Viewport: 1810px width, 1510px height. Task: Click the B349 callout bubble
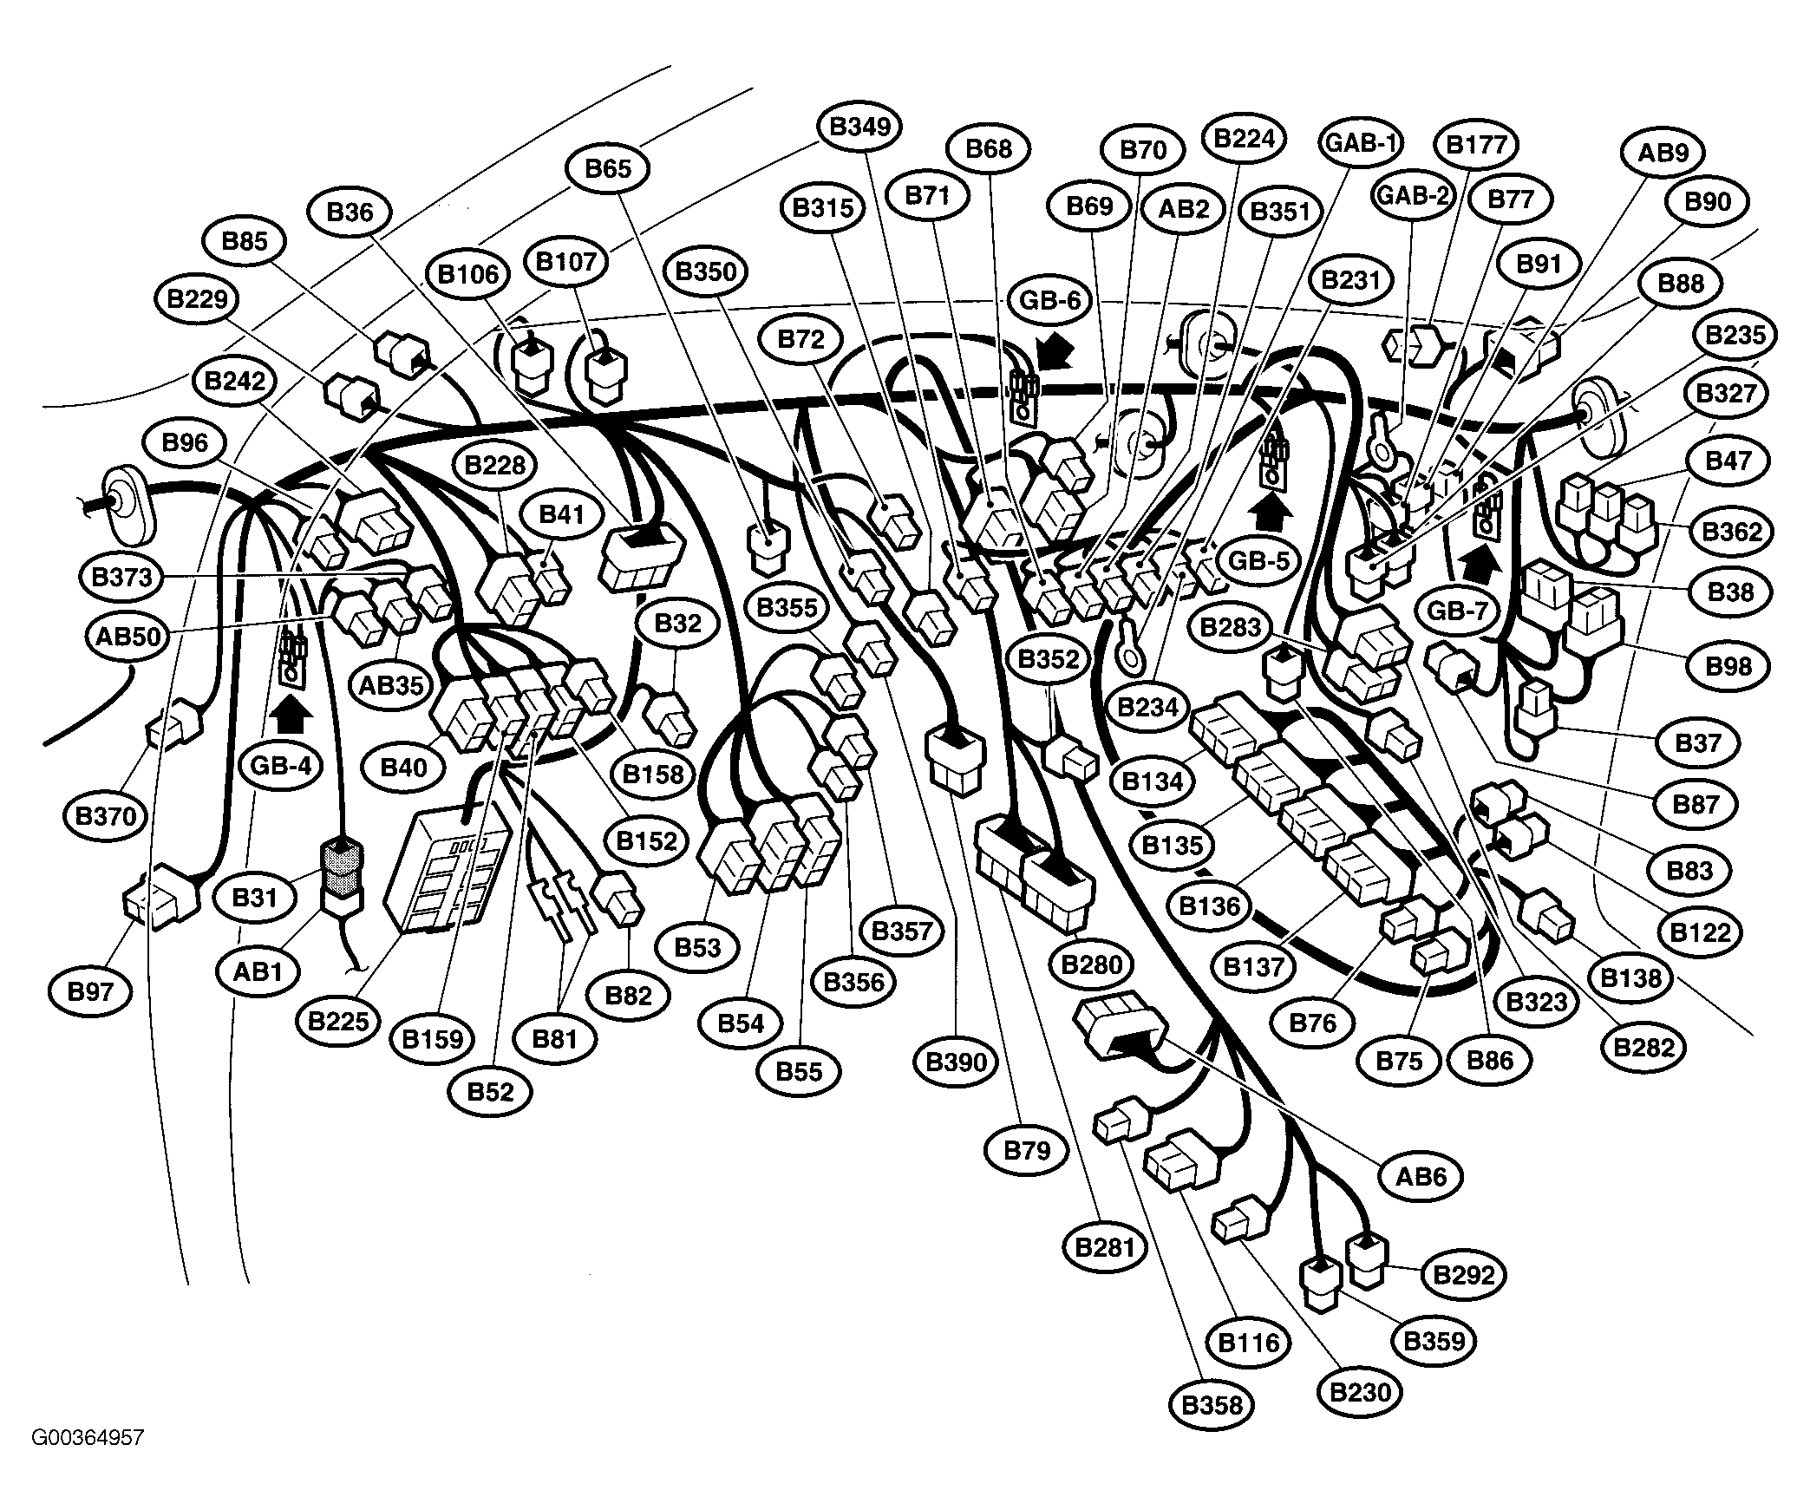(x=859, y=127)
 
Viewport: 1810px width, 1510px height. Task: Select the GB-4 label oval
(x=281, y=767)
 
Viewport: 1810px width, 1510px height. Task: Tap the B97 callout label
(x=90, y=991)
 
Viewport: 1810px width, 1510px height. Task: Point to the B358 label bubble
(x=1212, y=1404)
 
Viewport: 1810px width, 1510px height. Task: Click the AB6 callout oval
(x=1421, y=1176)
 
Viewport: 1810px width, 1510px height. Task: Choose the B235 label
(x=1735, y=336)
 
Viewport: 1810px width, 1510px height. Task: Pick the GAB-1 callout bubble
(x=1362, y=141)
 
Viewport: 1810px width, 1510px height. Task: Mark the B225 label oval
(x=338, y=1021)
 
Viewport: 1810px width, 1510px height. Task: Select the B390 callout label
(x=957, y=1062)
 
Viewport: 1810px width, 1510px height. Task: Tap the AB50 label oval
(x=128, y=637)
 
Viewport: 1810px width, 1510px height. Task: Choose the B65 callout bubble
(x=608, y=168)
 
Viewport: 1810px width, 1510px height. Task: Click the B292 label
(x=1464, y=1275)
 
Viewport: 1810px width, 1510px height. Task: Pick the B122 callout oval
(x=1701, y=932)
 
